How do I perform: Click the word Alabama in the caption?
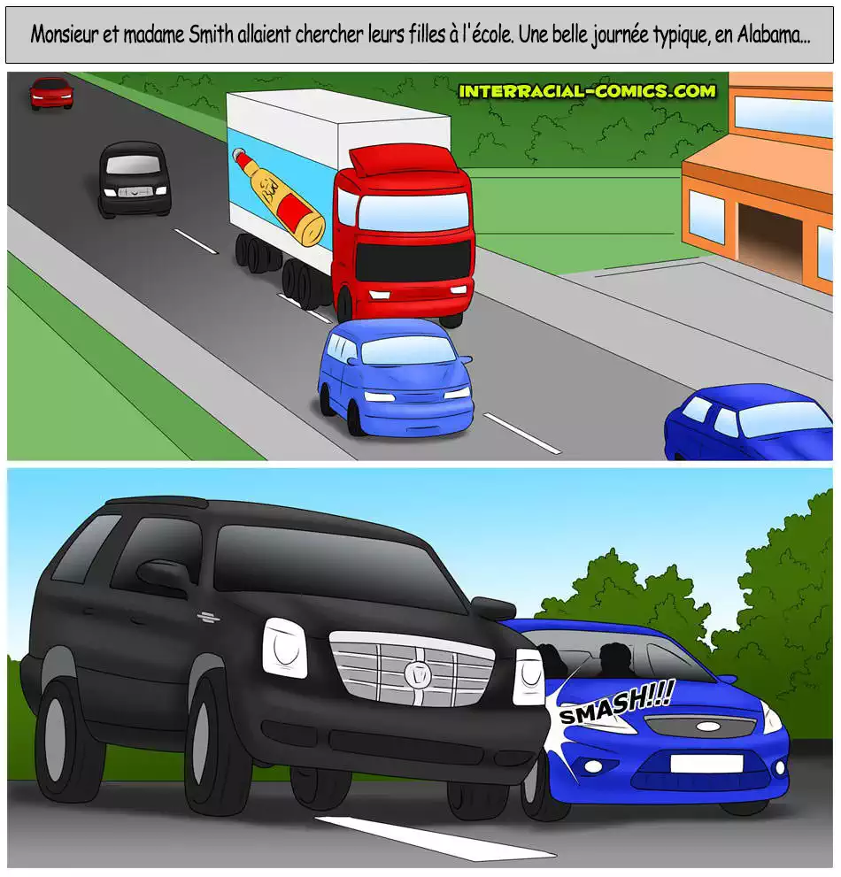(773, 35)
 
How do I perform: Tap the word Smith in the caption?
(211, 35)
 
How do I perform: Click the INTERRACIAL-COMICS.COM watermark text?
(587, 91)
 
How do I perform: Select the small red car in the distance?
(51, 93)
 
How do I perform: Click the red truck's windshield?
(413, 212)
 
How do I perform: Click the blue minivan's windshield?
(408, 350)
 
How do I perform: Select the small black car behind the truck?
(135, 179)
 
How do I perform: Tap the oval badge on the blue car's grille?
(707, 727)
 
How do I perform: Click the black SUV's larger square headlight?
(285, 648)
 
